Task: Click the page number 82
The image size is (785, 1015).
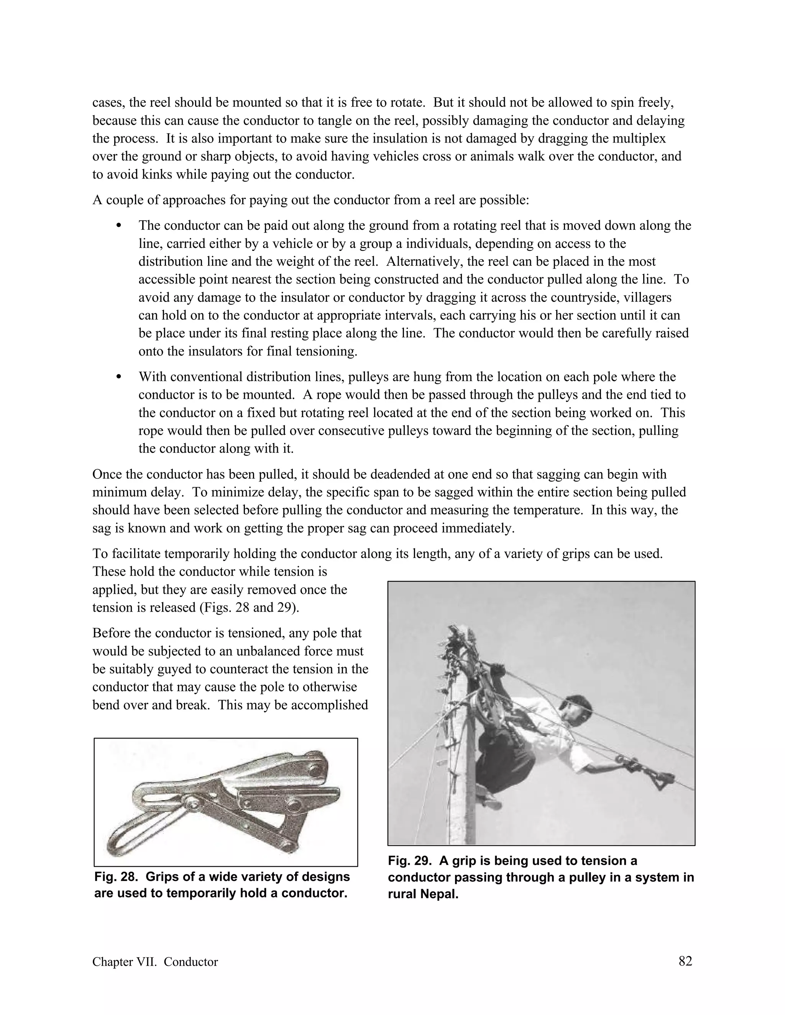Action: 685,961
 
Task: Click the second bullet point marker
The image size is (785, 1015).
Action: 118,377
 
